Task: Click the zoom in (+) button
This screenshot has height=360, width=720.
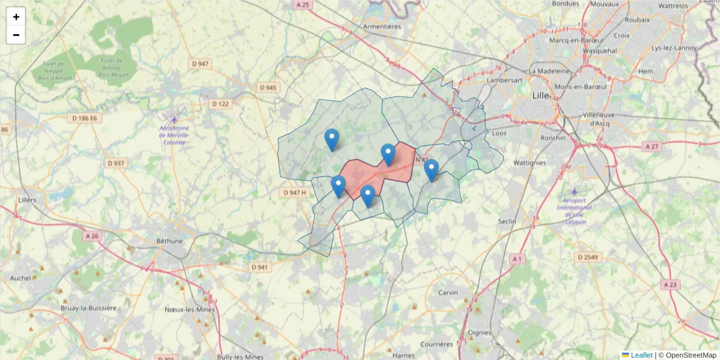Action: tap(16, 17)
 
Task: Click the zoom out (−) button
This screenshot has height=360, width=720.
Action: tap(16, 35)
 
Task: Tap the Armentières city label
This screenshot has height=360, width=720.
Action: tap(382, 26)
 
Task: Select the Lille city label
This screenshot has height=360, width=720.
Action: tap(541, 95)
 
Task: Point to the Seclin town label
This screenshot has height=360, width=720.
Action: tap(507, 221)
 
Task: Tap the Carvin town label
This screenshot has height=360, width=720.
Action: tap(448, 292)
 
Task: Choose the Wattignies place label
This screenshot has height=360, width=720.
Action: tap(530, 162)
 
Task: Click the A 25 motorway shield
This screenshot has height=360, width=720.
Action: tap(302, 5)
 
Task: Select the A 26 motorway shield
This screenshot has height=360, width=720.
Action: tap(92, 236)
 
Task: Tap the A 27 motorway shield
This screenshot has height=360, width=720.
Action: tap(650, 146)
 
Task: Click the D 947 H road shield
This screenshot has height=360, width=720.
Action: tap(295, 193)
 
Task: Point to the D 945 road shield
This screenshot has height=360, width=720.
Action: tap(268, 88)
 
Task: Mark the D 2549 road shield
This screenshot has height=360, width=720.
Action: tap(587, 257)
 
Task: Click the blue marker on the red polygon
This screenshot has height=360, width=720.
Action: tap(388, 155)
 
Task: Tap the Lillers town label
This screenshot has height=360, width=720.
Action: tap(28, 200)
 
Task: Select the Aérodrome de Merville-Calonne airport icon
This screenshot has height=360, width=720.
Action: tap(174, 118)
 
